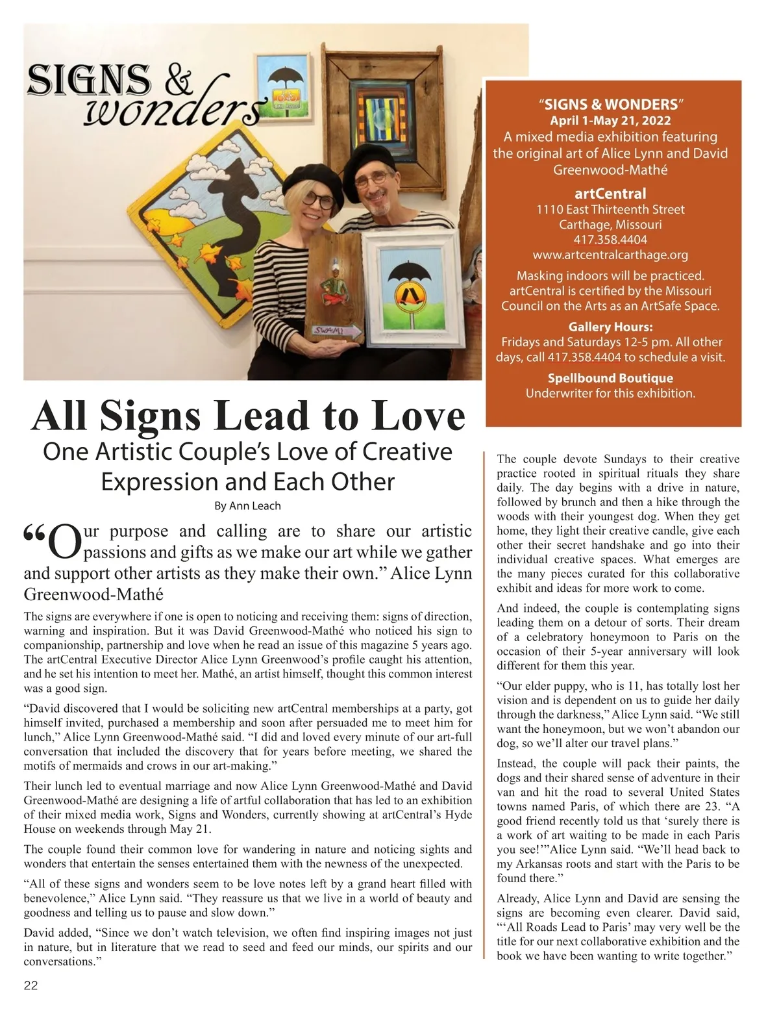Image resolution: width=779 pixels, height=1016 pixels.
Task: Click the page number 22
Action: coord(31,985)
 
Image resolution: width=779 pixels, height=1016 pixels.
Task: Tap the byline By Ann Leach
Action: coord(247,505)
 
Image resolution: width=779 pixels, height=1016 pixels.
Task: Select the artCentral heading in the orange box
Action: coord(610,194)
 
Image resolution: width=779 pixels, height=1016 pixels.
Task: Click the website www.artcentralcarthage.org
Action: coord(610,255)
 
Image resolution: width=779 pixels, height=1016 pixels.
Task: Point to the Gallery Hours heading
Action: coord(610,327)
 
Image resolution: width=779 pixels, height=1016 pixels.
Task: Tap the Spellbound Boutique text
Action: coord(610,378)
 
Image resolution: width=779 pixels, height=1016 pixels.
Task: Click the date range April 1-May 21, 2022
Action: coord(610,121)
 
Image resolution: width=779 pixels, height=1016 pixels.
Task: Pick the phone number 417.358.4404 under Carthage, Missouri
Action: coord(610,240)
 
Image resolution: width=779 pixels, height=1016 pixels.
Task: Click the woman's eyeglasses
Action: coord(317,199)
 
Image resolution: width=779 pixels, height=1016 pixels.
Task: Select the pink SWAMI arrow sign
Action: coord(337,332)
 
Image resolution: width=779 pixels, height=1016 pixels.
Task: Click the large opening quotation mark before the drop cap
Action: coord(36,535)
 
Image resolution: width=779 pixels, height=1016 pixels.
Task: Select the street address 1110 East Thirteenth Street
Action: coord(610,210)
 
